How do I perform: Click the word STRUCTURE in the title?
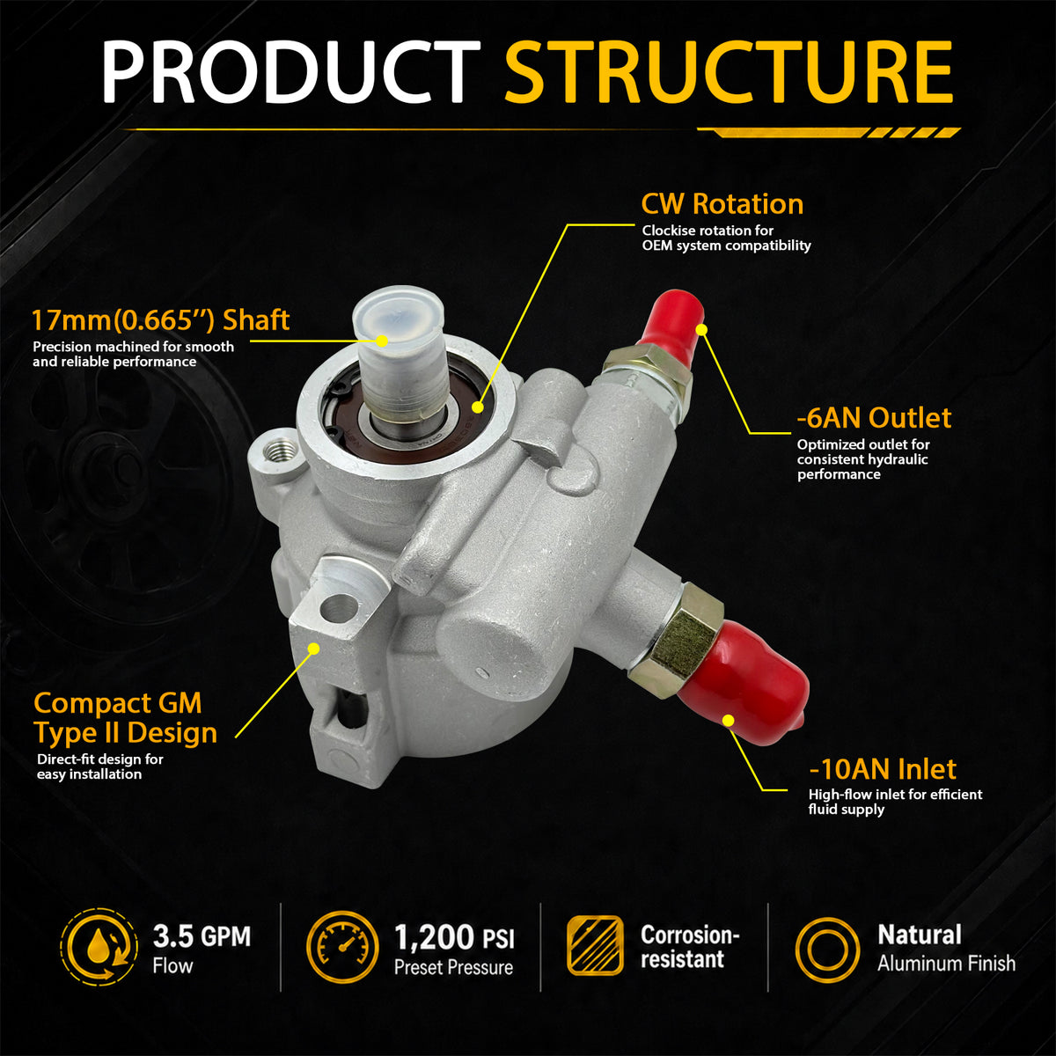tap(729, 71)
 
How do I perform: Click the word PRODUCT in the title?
tap(291, 71)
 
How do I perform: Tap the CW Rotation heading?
tap(722, 204)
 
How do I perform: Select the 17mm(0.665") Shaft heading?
tap(160, 320)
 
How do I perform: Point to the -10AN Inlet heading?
tap(883, 769)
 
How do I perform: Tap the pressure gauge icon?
tap(342, 945)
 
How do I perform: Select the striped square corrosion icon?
tap(595, 945)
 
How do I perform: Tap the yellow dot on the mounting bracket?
tap(313, 649)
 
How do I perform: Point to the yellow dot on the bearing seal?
tap(477, 407)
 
